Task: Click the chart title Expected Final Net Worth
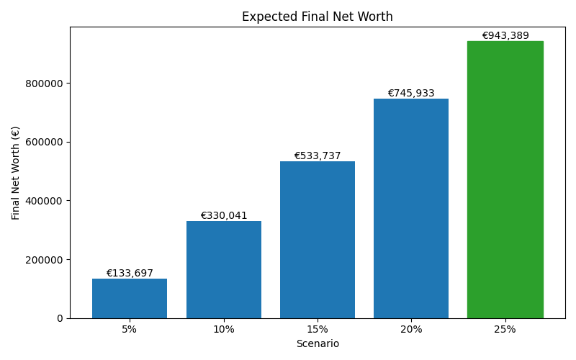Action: click(317, 17)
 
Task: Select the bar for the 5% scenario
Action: click(130, 298)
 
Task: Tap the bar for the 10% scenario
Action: click(223, 269)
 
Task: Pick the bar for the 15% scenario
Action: click(318, 240)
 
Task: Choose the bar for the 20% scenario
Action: click(411, 209)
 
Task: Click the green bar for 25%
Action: click(505, 180)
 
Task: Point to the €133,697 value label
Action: click(130, 274)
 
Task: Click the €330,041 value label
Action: click(223, 216)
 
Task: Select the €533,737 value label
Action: click(318, 156)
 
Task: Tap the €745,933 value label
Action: click(411, 94)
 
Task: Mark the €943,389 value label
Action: click(505, 36)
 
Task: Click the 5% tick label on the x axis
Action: click(130, 329)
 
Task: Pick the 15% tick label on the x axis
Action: click(318, 329)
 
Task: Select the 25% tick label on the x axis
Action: click(505, 329)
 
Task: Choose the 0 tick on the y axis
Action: click(60, 318)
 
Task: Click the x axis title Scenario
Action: click(318, 344)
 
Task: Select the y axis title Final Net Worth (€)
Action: click(16, 173)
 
